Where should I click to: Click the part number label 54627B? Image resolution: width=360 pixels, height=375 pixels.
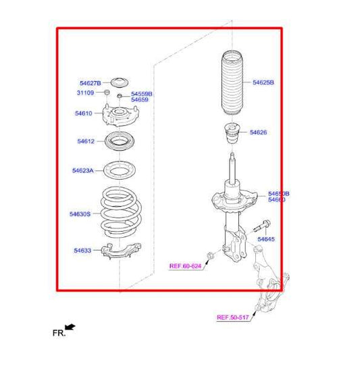point(89,83)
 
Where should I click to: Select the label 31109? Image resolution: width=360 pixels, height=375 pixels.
point(84,92)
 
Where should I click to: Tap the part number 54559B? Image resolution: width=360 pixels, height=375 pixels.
point(142,93)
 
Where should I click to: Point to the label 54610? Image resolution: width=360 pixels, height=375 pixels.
point(84,114)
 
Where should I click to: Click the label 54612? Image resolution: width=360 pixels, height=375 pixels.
point(86,142)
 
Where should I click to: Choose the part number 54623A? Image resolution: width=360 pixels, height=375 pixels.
point(83,171)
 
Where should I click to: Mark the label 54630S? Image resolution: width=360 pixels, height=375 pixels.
point(80,214)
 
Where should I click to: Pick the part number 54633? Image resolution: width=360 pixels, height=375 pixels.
point(82,251)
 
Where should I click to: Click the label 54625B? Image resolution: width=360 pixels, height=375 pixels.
point(263,82)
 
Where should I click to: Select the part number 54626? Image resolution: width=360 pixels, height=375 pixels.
point(258,132)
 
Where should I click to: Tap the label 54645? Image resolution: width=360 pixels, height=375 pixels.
point(266,239)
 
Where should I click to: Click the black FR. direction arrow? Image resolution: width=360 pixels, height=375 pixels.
point(70,327)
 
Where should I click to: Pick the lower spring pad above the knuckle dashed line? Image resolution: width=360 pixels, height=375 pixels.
point(120,251)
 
